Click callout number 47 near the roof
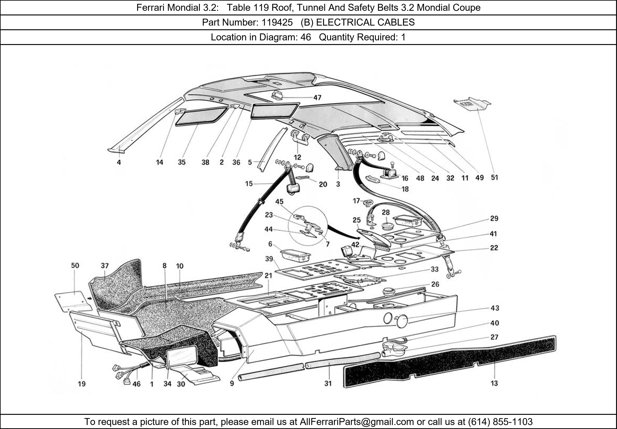coord(317,98)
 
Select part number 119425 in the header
coord(277,22)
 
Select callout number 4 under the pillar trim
coord(119,162)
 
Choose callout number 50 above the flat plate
coord(75,266)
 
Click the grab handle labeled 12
coord(299,138)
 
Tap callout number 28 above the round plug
coord(386,212)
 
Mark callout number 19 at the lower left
coord(82,384)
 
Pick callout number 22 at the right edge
coord(494,247)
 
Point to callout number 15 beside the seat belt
coord(249,184)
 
